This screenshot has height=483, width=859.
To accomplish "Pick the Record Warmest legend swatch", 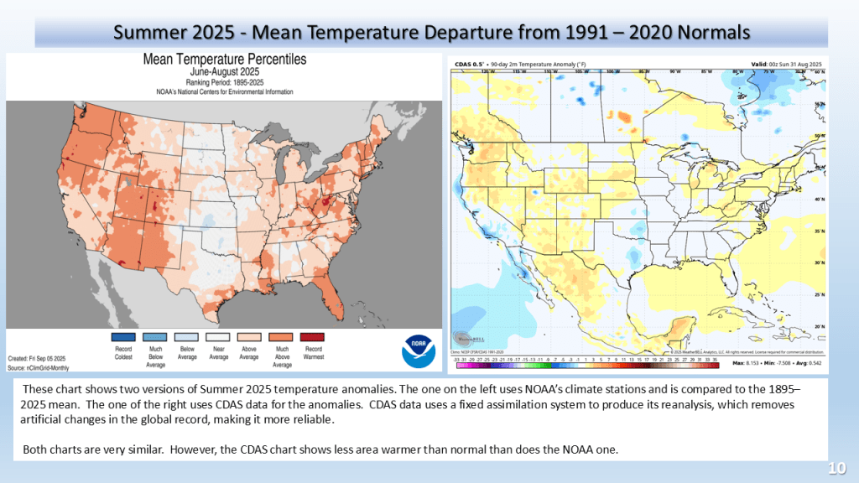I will pos(312,337).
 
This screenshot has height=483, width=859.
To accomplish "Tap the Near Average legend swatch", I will pos(218,337).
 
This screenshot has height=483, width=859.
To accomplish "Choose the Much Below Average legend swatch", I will pos(156,337).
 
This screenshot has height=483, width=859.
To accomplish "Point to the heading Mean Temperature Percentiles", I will pos(224,60).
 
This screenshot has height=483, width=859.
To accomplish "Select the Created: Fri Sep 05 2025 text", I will pos(43,358).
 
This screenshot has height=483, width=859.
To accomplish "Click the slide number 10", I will pos(836,468).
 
